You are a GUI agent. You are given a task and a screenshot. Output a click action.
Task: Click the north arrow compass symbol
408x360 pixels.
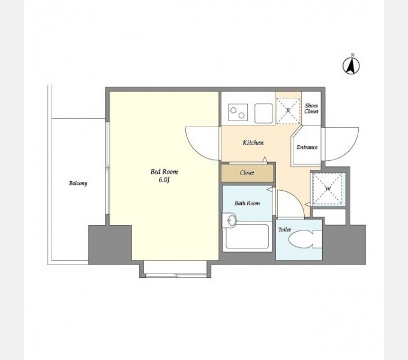351,65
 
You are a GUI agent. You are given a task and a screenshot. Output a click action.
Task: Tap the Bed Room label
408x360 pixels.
164,172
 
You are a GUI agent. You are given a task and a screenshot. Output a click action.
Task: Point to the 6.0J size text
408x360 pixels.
164,180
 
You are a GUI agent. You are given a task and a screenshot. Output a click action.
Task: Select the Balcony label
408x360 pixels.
78,183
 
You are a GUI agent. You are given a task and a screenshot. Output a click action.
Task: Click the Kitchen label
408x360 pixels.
253,143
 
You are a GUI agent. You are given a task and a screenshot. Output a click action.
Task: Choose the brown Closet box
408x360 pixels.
247,173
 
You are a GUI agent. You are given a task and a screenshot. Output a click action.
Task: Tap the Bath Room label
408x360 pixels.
247,203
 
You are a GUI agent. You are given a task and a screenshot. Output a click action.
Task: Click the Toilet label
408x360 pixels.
284,230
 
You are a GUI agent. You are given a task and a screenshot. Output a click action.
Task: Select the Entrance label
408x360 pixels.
307,147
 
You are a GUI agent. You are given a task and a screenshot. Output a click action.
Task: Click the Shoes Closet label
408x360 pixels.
311,109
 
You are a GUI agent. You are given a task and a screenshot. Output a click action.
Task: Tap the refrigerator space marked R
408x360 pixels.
288,110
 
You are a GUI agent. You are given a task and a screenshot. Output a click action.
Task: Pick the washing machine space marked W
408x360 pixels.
328,188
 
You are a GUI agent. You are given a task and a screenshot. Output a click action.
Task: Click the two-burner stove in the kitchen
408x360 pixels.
238,112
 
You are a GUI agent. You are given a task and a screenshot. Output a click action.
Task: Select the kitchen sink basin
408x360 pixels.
263,113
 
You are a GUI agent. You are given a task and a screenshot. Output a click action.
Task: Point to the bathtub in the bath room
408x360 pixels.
247,236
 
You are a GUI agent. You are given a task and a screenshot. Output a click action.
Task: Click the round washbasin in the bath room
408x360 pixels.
230,220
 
